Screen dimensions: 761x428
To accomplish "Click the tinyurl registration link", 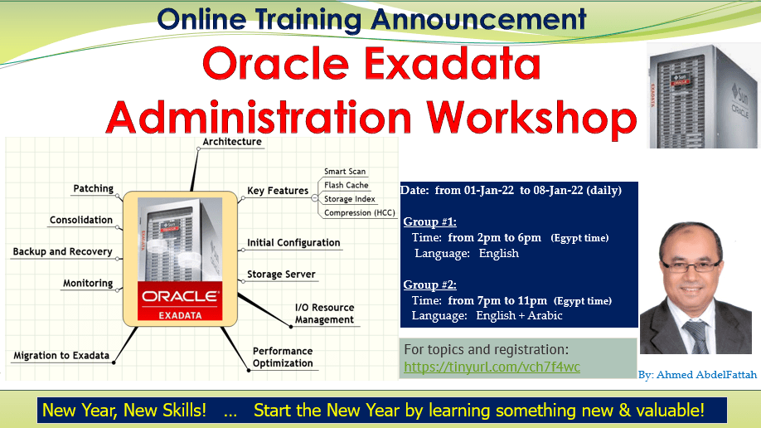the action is [x=492, y=367].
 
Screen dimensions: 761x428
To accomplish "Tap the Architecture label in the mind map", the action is [x=232, y=142].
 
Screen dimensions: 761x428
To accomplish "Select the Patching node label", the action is [x=93, y=188].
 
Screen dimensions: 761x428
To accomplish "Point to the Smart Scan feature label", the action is [x=345, y=172].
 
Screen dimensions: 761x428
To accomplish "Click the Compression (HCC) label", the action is [x=360, y=213].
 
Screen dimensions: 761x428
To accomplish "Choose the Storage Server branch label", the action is [x=281, y=275].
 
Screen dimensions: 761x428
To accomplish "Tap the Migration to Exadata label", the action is [x=61, y=356].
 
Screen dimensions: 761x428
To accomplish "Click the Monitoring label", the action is [x=88, y=283].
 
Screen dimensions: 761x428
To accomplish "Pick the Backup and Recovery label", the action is [x=63, y=251].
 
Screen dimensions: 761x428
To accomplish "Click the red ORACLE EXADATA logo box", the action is [x=180, y=301].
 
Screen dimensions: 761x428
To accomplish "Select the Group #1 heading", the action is [x=430, y=222].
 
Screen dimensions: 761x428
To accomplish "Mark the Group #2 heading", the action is [x=430, y=285].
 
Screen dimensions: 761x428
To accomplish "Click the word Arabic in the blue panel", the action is [x=545, y=316].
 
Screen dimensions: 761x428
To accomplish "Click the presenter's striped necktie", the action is [x=696, y=337].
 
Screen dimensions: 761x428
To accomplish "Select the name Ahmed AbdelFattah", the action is [x=706, y=375].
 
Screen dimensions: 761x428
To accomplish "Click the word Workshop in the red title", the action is [x=531, y=118].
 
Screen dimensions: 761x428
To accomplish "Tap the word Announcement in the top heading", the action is [x=478, y=19].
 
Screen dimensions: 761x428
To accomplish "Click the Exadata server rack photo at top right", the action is [x=703, y=95].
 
